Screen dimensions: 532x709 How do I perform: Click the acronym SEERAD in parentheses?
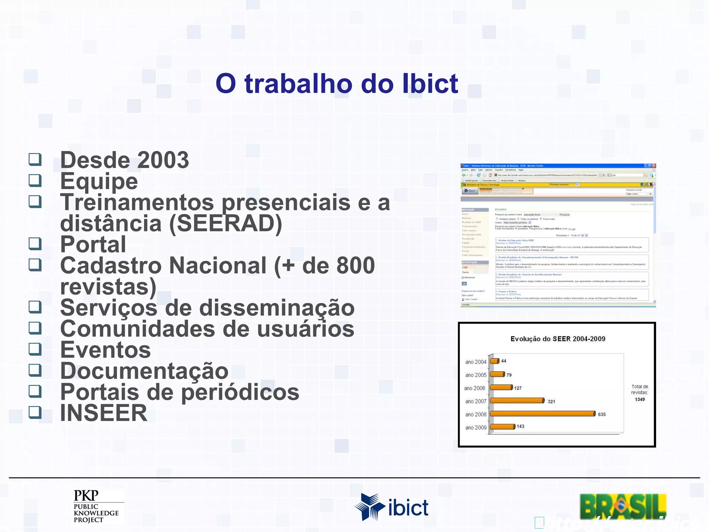coord(226,223)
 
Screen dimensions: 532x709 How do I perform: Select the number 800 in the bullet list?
coord(356,266)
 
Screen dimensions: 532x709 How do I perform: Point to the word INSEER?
coord(104,413)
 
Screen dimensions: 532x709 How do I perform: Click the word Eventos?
coord(106,350)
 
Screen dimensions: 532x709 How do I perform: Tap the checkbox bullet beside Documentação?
coord(35,370)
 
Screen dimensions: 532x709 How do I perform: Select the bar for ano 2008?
coord(542,414)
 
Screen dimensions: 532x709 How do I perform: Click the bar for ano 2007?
coord(517,401)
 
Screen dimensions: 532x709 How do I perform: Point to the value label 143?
coord(520,426)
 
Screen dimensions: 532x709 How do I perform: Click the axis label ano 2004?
coord(476,362)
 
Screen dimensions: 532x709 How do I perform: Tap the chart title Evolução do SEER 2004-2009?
coord(558,339)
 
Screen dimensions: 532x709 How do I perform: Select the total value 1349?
coord(640,399)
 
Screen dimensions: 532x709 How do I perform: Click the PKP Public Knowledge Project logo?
coord(96,506)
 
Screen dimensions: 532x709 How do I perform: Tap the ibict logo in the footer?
coord(391,507)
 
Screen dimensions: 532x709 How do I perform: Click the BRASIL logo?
coord(623,506)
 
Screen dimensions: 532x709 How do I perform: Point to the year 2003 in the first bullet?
coord(163,160)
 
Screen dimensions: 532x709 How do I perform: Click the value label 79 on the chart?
coord(509,375)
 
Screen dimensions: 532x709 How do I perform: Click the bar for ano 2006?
coord(501,388)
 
